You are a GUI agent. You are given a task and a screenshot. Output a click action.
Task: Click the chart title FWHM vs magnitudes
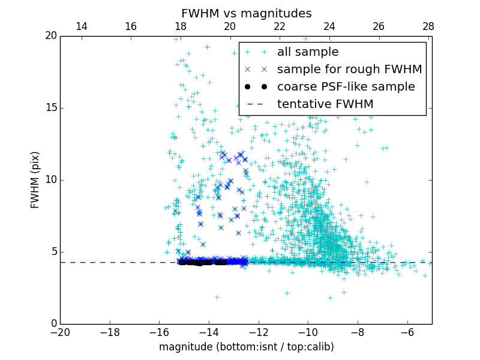[x=246, y=13]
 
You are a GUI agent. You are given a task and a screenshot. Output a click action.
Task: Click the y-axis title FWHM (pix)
[x=35, y=179]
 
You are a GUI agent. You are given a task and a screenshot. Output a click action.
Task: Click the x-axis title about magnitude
[x=246, y=347]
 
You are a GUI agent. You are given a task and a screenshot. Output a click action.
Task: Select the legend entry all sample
[x=308, y=52]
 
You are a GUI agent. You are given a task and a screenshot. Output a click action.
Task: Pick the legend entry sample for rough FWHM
[x=349, y=70]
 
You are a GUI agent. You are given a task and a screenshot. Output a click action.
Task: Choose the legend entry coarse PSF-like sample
[x=346, y=87]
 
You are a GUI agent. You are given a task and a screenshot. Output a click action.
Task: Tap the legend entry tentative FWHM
[x=325, y=104]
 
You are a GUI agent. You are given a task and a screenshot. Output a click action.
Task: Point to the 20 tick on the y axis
[x=50, y=36]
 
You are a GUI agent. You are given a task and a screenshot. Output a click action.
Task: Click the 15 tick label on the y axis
[x=50, y=108]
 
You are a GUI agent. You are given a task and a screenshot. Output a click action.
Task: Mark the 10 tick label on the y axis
[x=50, y=180]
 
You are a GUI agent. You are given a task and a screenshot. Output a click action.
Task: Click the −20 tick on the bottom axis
[x=60, y=332]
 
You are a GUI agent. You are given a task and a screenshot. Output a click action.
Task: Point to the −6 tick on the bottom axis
[x=407, y=332]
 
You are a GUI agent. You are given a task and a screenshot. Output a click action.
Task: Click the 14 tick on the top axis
[x=81, y=26]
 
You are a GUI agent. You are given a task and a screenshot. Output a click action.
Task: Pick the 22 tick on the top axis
[x=280, y=26]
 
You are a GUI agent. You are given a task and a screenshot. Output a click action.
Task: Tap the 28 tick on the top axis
[x=428, y=26]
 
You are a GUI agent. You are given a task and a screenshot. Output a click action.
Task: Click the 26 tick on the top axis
[x=379, y=26]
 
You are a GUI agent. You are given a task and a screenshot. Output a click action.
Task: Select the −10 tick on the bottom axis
[x=308, y=332]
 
